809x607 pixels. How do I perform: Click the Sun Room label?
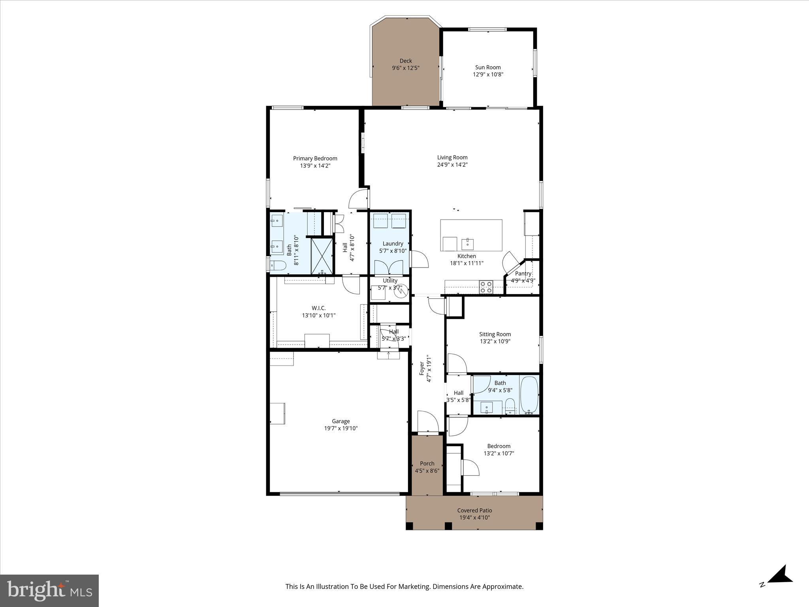(x=488, y=67)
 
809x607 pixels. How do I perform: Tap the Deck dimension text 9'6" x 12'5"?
(x=405, y=68)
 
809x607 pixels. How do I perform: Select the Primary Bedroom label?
(x=315, y=158)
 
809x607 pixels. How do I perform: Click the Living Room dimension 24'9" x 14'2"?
(x=452, y=165)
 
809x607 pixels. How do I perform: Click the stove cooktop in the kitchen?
(x=486, y=287)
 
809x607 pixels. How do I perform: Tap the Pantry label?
(x=523, y=273)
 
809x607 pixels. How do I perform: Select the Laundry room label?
(x=393, y=243)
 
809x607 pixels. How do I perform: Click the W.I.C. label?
(x=318, y=308)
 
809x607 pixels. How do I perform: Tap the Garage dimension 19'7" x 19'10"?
(x=341, y=428)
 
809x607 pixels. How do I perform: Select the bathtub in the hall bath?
(x=529, y=394)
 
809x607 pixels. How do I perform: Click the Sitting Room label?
(x=495, y=334)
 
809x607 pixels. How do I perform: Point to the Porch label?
(x=427, y=464)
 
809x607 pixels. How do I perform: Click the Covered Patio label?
(x=474, y=511)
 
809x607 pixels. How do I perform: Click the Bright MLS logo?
(x=49, y=590)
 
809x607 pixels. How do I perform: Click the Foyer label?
(x=422, y=368)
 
